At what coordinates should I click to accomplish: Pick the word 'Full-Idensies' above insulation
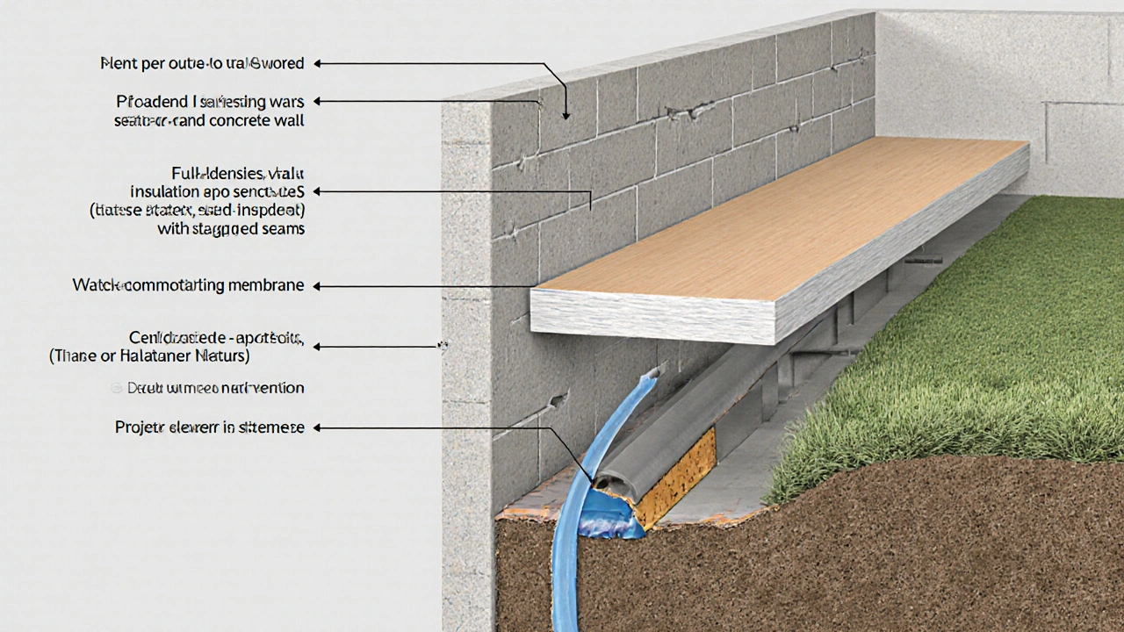[x=209, y=172]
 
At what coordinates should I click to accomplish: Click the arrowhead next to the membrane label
[x=318, y=286]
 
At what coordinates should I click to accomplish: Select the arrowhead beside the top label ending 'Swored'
[x=318, y=63]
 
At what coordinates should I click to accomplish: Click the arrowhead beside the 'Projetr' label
[x=318, y=427]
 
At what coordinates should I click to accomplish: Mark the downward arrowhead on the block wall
[x=566, y=113]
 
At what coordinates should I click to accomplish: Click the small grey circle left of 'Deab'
[x=117, y=387]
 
